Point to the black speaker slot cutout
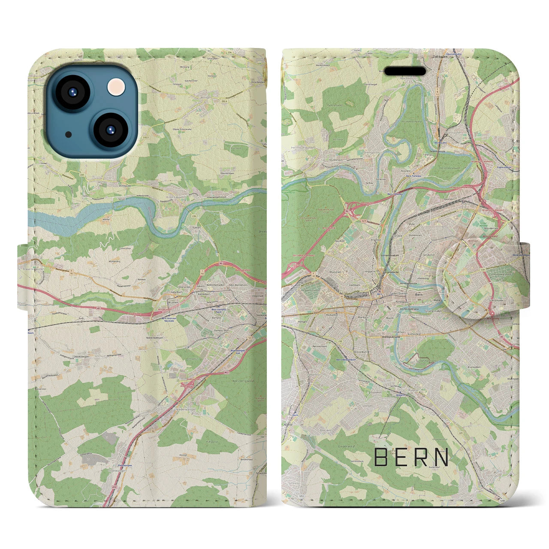(x=404, y=71)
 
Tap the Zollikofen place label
(x=441, y=56)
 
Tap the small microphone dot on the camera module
(x=69, y=134)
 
